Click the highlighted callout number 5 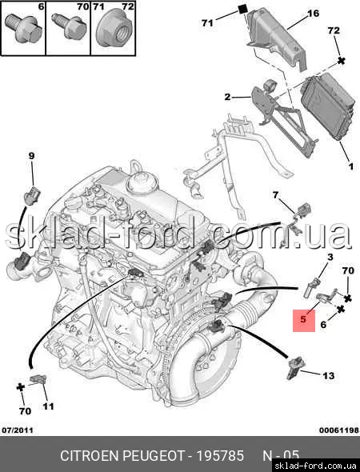[303, 319]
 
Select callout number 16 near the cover [313, 14]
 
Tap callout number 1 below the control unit [350, 166]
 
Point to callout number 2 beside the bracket [227, 97]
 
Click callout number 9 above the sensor [32, 156]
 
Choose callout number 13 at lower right [328, 376]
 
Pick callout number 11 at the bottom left [48, 406]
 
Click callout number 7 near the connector [275, 195]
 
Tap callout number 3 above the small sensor [330, 257]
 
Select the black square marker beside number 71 [242, 10]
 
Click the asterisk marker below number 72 [341, 61]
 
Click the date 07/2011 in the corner [18, 430]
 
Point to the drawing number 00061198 [339, 430]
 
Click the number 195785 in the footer [220, 456]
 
